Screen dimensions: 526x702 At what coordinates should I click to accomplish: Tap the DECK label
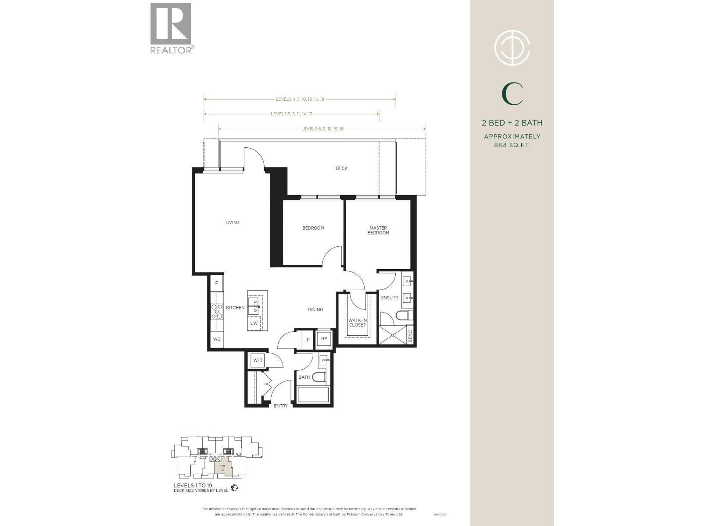click(341, 168)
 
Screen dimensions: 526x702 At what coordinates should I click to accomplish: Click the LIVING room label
click(232, 223)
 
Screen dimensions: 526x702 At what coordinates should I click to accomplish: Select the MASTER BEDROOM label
click(378, 231)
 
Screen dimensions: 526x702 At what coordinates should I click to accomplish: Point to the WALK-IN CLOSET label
click(357, 323)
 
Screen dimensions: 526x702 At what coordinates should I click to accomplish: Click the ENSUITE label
click(390, 298)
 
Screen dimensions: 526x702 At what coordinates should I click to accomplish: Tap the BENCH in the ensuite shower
click(410, 335)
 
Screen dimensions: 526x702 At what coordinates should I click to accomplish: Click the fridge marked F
click(217, 283)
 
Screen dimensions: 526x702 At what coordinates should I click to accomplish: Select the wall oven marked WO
click(217, 339)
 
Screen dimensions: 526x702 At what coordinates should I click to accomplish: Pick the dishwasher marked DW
click(254, 323)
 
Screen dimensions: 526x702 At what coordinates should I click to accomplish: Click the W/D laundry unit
click(257, 360)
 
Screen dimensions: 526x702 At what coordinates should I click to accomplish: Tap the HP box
click(324, 338)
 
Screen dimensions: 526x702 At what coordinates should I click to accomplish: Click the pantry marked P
click(308, 340)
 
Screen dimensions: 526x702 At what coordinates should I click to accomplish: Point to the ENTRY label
click(281, 406)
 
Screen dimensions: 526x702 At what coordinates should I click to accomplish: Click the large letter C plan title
click(512, 94)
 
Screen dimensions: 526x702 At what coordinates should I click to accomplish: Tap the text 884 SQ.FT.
click(512, 145)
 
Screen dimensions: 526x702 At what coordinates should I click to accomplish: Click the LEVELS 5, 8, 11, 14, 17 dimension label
click(291, 114)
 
